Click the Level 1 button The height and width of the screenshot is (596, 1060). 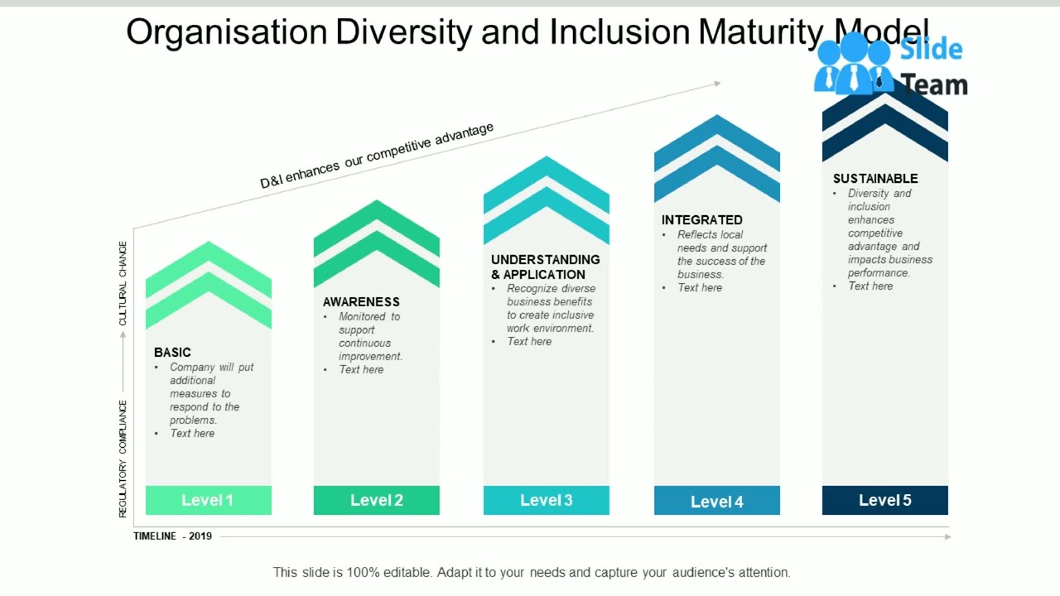point(208,500)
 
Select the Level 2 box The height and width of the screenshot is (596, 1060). point(376,500)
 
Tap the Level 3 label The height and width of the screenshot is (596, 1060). point(546,500)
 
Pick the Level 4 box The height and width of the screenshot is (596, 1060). point(716,501)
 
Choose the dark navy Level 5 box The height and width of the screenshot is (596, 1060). point(884,500)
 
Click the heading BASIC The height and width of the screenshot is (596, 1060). point(172,353)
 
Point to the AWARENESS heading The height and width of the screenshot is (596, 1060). point(361,302)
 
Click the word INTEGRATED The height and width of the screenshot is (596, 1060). point(701,220)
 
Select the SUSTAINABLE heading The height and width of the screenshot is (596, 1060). point(875,179)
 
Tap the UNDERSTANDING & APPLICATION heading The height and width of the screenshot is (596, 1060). point(545,267)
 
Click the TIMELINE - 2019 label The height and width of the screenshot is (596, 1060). point(173,536)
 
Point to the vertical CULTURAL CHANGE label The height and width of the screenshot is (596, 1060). point(123,283)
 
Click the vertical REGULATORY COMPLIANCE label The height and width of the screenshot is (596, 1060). point(123,459)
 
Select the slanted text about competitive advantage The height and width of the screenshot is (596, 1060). point(377,156)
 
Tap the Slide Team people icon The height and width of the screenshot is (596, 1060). point(853,65)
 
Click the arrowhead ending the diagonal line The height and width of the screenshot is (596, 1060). point(717,83)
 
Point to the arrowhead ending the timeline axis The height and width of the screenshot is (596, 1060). point(947,536)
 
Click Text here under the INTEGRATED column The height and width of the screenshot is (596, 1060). point(700,288)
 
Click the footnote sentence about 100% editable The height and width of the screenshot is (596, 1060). point(532,572)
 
